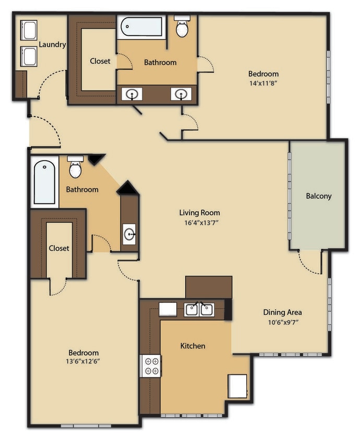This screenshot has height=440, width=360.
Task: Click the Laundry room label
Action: [x=52, y=44]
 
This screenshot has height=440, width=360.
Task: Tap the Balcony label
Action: [x=318, y=196]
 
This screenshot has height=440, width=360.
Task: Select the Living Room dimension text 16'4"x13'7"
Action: [x=199, y=223]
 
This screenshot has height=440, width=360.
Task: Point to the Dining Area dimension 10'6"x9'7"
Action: [x=282, y=322]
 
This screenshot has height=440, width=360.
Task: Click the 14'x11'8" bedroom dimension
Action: [x=263, y=83]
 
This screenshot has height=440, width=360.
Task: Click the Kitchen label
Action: [x=193, y=346]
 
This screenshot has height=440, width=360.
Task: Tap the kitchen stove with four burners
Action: [x=152, y=365]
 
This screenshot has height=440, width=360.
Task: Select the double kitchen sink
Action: [x=199, y=310]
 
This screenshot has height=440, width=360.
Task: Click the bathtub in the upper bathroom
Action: [x=141, y=27]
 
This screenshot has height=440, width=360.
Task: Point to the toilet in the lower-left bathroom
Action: [x=76, y=167]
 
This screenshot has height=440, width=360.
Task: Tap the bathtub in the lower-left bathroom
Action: [x=44, y=182]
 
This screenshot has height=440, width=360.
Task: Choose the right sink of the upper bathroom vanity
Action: [x=181, y=94]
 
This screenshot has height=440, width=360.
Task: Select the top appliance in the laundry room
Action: [x=29, y=31]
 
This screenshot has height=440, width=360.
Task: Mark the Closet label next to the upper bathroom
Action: [x=100, y=61]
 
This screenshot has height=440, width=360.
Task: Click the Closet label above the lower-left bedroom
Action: [x=59, y=248]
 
